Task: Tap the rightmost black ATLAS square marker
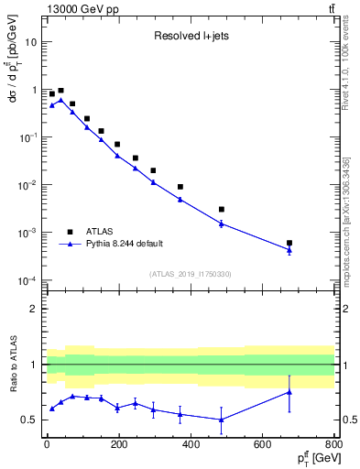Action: tap(289, 243)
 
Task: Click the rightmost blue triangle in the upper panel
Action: tap(289, 250)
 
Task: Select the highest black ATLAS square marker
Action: tap(60, 91)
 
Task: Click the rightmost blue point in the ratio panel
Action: tap(289, 392)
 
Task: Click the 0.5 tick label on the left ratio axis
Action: tap(29, 420)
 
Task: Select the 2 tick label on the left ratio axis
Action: tap(35, 309)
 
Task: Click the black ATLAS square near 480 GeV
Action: tap(221, 209)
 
